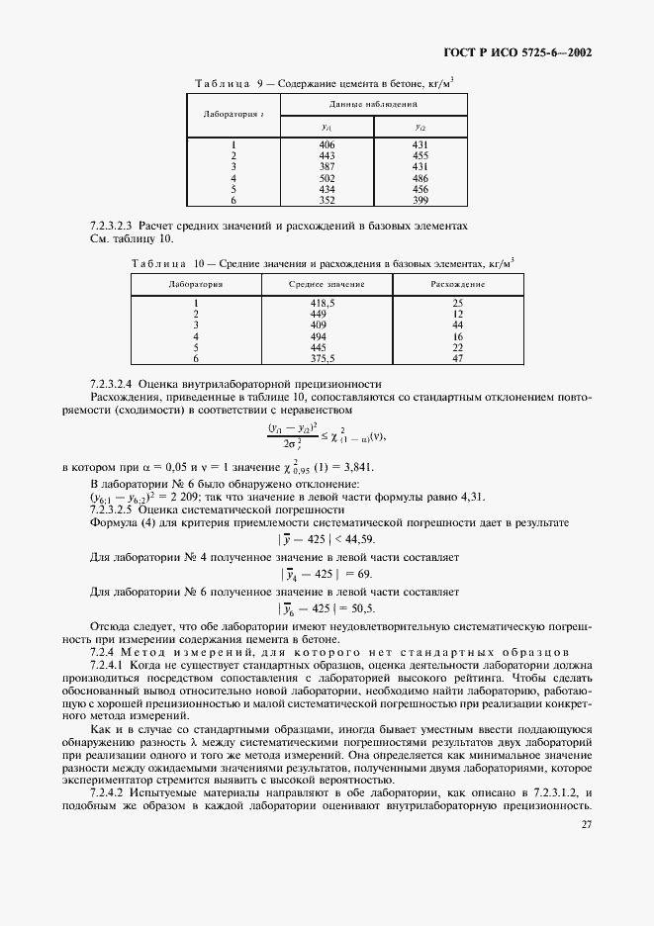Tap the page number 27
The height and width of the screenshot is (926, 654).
pos(587,824)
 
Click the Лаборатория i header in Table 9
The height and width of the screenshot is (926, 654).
pos(233,115)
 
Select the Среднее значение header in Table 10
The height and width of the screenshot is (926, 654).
pos(327,283)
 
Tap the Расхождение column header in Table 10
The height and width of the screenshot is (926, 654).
pos(457,283)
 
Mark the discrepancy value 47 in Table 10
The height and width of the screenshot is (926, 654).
pos(457,358)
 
